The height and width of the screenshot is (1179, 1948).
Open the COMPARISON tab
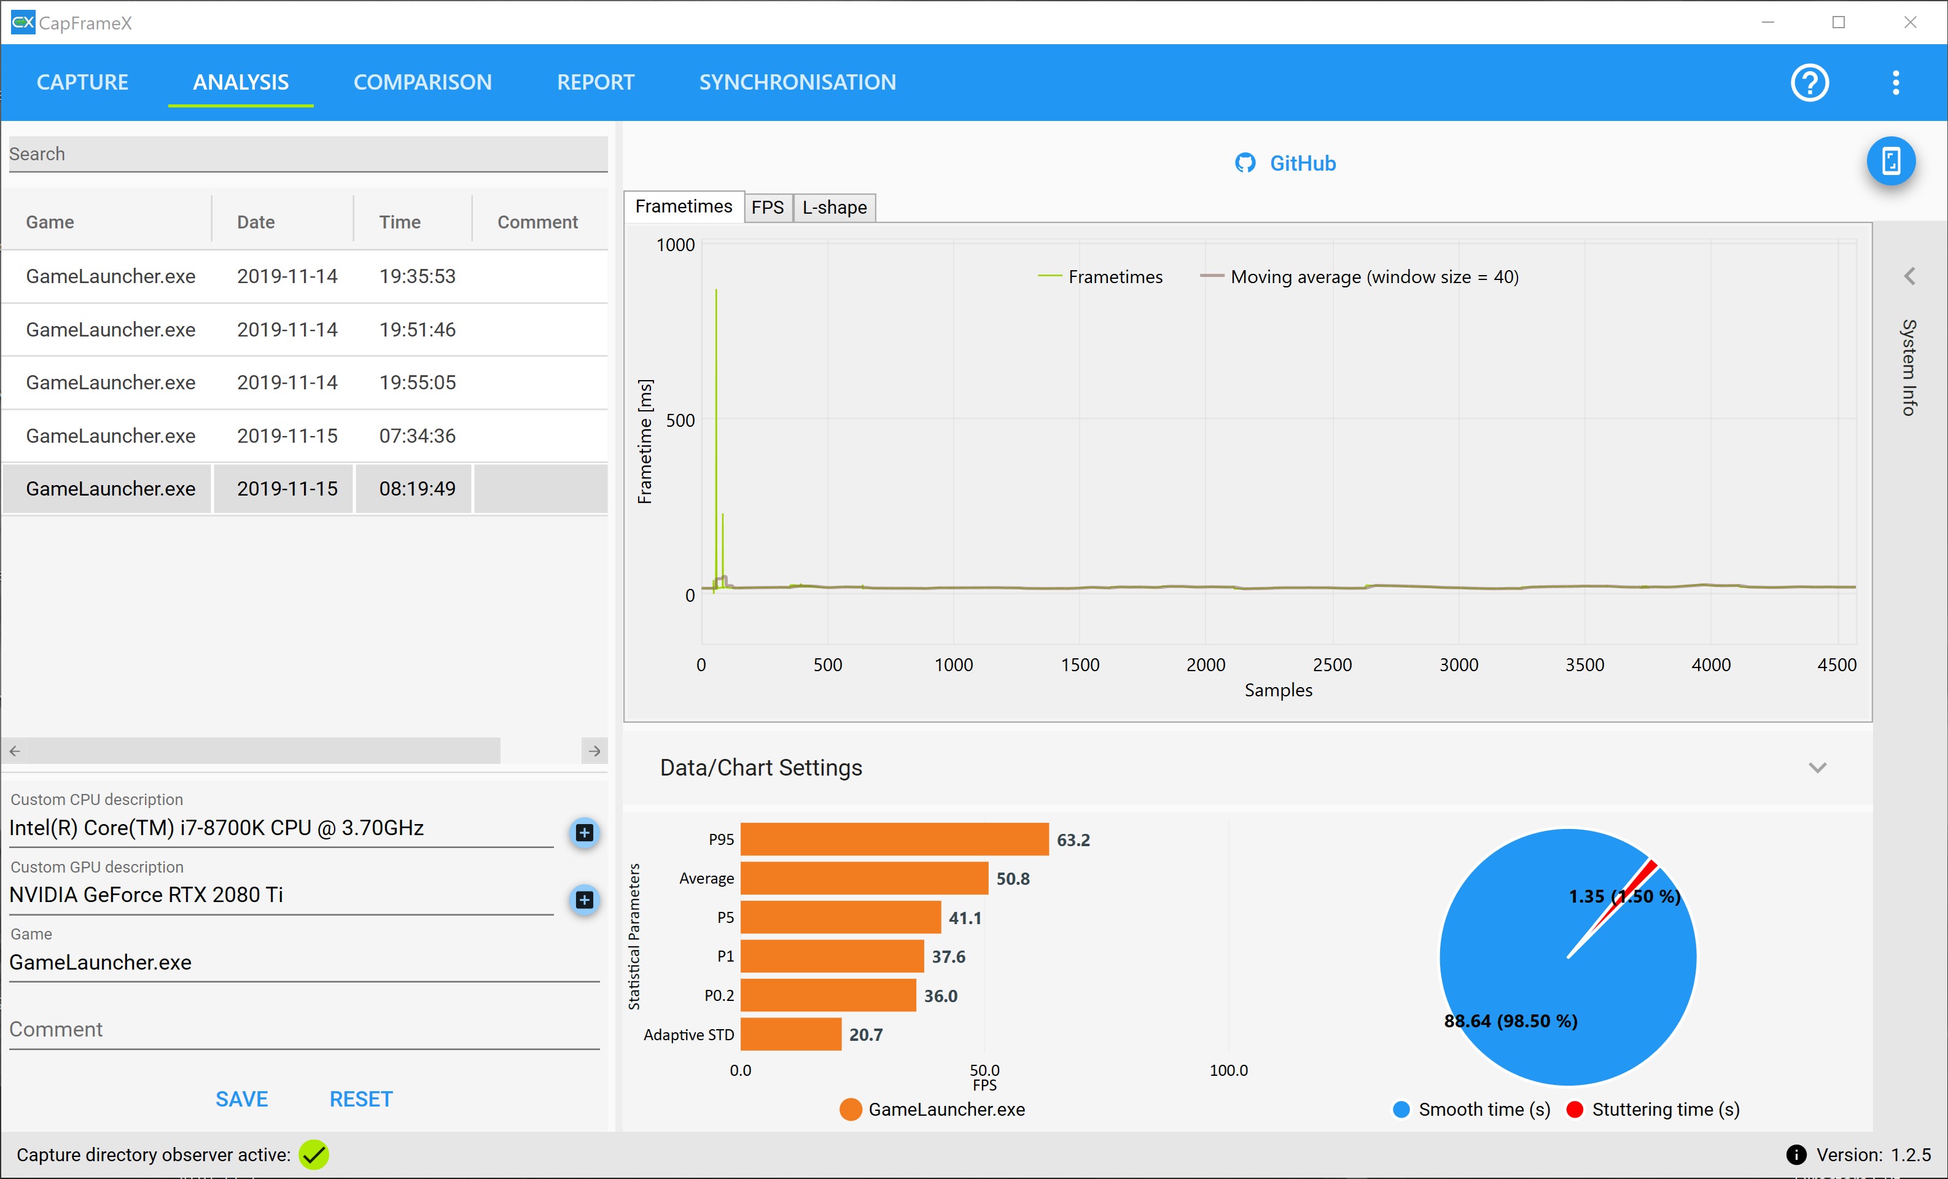point(422,82)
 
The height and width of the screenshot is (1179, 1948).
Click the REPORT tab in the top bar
point(595,82)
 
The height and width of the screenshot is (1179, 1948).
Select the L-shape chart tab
point(834,207)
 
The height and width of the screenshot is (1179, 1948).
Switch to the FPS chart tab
point(767,207)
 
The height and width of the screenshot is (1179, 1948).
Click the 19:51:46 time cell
point(418,329)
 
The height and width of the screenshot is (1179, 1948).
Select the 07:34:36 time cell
point(418,436)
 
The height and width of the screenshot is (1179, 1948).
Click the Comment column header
point(537,222)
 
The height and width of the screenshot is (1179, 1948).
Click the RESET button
point(360,1099)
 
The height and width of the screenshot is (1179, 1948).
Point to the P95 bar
point(894,839)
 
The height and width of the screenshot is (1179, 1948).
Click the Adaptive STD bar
point(790,1034)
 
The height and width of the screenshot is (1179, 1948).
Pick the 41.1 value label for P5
point(965,917)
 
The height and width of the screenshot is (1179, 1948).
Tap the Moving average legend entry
point(1359,277)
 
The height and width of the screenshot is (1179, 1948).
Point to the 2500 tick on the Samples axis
point(1332,664)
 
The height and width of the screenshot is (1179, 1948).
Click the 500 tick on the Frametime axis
point(680,420)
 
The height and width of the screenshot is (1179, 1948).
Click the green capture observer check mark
point(314,1154)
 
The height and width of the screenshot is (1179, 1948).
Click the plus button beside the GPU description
point(584,899)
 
